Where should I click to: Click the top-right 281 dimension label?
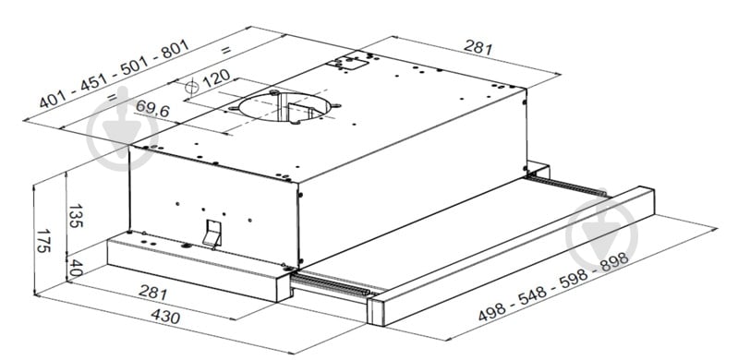tap(478, 47)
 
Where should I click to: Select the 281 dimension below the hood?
tap(153, 293)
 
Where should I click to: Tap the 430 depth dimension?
tap(165, 317)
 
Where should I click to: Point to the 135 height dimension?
tap(76, 215)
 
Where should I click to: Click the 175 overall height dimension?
tap(43, 241)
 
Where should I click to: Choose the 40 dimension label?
tap(76, 268)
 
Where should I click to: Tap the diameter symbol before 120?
tap(191, 87)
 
